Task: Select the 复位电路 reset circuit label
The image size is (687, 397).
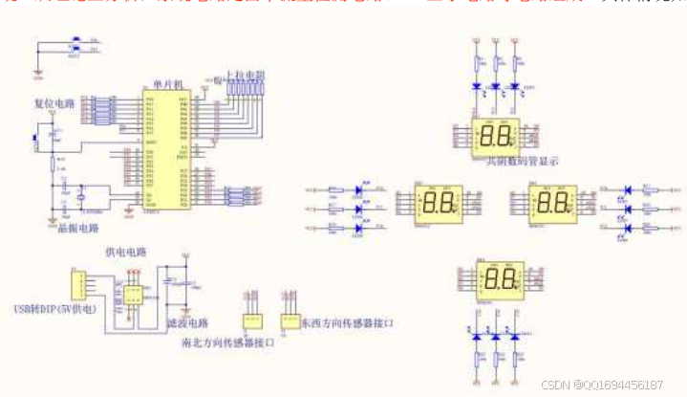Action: [54, 103]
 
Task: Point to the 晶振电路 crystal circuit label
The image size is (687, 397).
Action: [66, 229]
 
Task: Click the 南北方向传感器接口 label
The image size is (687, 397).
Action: [227, 342]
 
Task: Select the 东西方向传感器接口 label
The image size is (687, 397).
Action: [348, 324]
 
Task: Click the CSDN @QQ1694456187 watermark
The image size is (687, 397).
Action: [601, 384]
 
